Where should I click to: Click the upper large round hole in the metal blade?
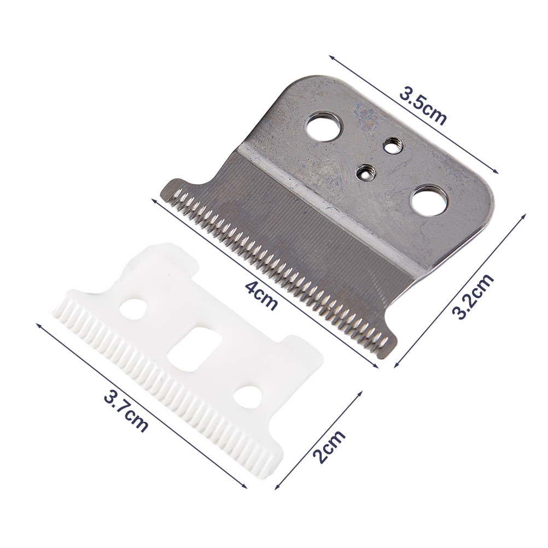click(323, 126)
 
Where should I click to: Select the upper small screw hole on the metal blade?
click(391, 145)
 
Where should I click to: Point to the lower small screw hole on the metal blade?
click(364, 171)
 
